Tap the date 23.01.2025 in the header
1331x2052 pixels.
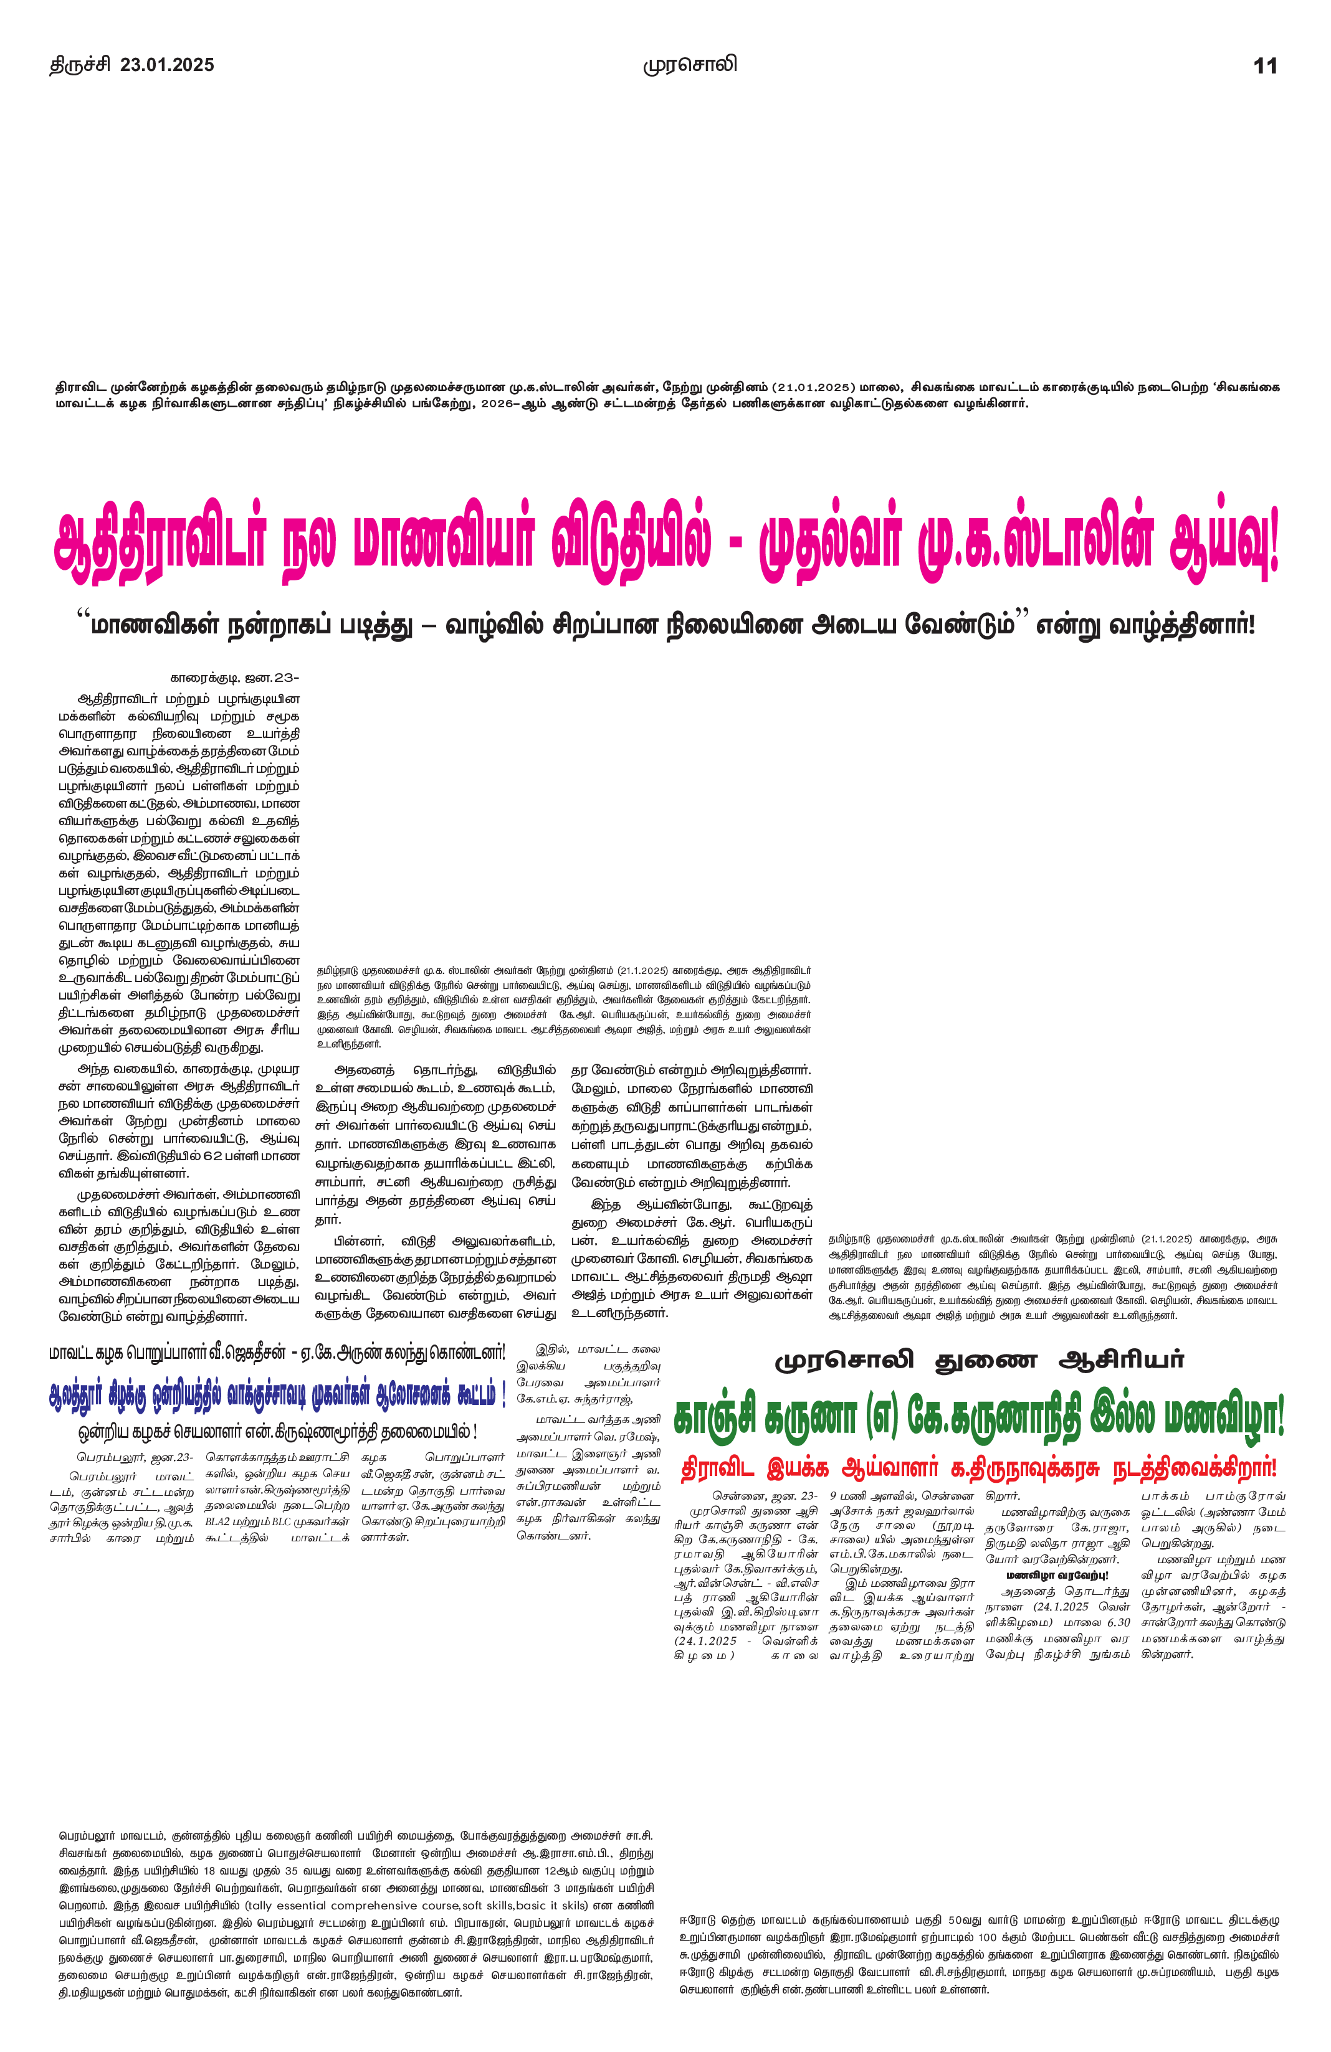(x=168, y=65)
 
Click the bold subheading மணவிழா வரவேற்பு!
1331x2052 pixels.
(x=1057, y=1575)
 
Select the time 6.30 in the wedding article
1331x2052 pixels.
(x=1117, y=1622)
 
